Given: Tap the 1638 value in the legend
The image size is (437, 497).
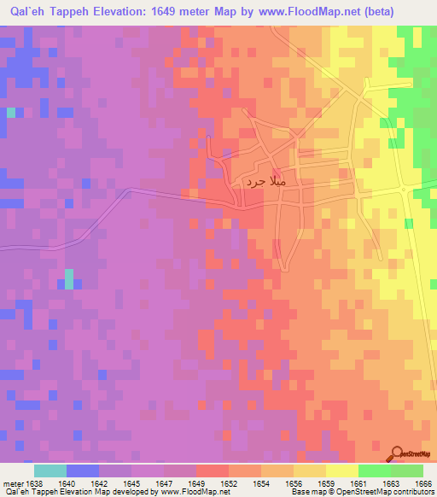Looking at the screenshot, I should click(33, 483).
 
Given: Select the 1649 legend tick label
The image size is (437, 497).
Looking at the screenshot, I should click(196, 483).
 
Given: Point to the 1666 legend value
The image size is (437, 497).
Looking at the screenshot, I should click(422, 483).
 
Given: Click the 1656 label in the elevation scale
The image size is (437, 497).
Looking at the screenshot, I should click(294, 483).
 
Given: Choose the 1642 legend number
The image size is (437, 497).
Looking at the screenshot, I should click(99, 483).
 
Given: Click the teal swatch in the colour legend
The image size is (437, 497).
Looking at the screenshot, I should click(50, 471).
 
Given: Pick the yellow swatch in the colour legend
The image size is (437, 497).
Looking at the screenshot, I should click(341, 471).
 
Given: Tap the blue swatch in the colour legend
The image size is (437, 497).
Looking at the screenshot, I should click(82, 471).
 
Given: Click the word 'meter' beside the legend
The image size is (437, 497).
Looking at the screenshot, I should click(11, 483).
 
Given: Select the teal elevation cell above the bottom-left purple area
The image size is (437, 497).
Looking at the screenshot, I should click(69, 279).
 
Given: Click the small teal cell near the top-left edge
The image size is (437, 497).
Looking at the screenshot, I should click(11, 112).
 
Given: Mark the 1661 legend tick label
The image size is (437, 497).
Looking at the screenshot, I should click(358, 483).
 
